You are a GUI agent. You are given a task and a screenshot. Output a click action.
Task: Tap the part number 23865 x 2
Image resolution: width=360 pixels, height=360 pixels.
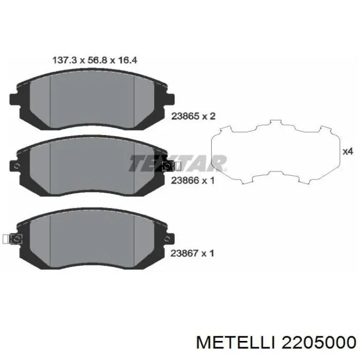(192, 116)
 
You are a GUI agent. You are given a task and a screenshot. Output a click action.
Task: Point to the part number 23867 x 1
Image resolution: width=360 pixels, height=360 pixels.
(192, 253)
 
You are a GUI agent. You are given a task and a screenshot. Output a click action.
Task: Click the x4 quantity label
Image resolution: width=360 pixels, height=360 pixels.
(348, 152)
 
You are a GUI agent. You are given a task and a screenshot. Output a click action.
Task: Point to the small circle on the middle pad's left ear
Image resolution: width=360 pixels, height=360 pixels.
(16, 166)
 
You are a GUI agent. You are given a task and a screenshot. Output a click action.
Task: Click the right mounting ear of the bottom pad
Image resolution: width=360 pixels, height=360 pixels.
(170, 239)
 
